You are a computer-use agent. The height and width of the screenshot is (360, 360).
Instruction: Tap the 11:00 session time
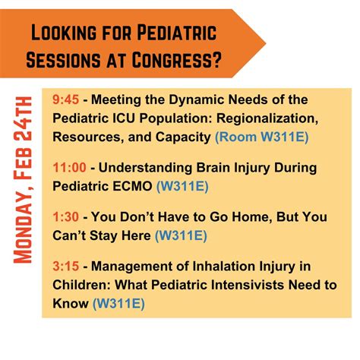[68, 167]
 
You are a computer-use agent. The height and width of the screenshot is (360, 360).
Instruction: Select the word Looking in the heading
[67, 33]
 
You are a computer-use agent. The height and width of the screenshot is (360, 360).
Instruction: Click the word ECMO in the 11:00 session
[132, 185]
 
